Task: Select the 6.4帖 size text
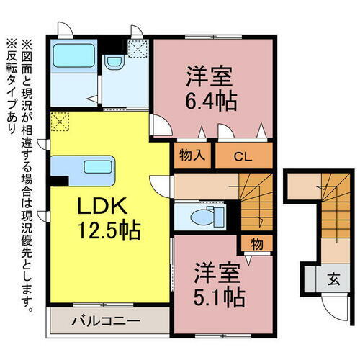point(213,99)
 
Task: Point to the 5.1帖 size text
point(219,295)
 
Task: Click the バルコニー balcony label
point(107,319)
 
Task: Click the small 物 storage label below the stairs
point(257,243)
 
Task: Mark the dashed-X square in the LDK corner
point(60,120)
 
